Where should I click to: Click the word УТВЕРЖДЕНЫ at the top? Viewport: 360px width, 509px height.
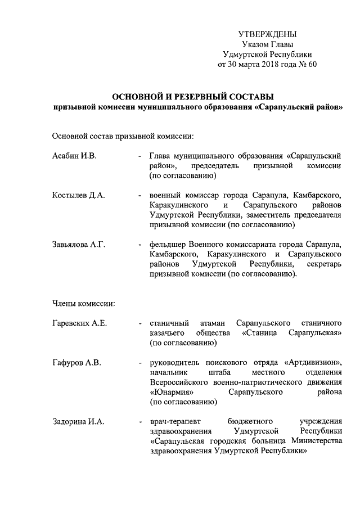(267, 35)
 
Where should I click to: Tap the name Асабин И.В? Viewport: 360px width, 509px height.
(74, 156)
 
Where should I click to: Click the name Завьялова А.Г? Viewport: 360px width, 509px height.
(79, 245)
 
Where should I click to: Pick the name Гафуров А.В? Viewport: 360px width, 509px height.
(76, 363)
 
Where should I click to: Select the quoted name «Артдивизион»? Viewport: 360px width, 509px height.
(314, 363)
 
